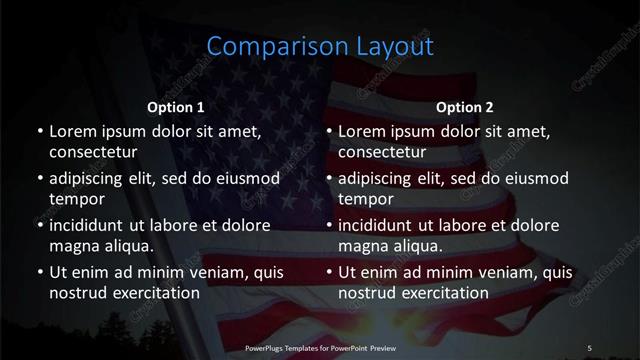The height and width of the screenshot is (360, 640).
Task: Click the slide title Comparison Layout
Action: click(x=320, y=46)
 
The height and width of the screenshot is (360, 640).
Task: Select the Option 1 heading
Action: click(x=176, y=107)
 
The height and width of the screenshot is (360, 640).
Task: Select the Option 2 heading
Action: click(x=466, y=107)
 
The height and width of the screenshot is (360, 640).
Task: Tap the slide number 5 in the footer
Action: click(x=590, y=346)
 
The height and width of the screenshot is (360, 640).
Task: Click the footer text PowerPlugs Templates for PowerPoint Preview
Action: click(x=319, y=346)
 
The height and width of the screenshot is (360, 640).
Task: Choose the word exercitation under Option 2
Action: click(x=442, y=294)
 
